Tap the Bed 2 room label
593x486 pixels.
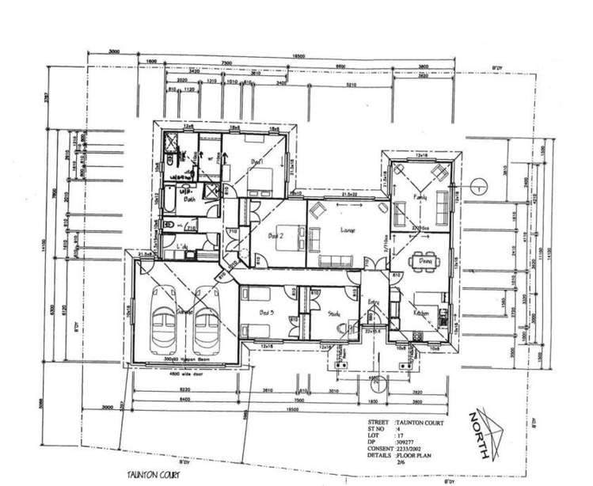coord(275,236)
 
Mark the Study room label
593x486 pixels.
coord(333,313)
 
